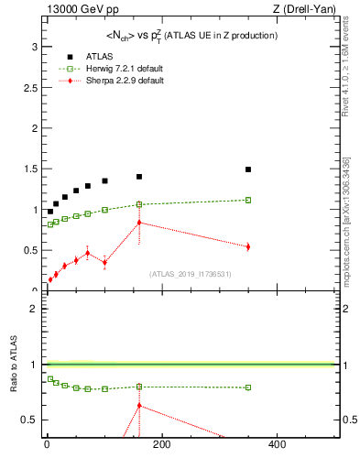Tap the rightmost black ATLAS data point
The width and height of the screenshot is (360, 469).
[248, 169]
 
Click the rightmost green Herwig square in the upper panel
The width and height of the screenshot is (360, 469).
[248, 200]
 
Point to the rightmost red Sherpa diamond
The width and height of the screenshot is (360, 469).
[248, 246]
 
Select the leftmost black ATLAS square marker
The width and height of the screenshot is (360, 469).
[50, 212]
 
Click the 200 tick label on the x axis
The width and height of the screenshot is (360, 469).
[161, 444]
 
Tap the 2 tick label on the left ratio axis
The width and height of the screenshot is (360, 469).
[33, 309]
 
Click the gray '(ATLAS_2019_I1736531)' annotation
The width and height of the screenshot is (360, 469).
[191, 273]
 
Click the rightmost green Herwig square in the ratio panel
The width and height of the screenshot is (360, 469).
[248, 387]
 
